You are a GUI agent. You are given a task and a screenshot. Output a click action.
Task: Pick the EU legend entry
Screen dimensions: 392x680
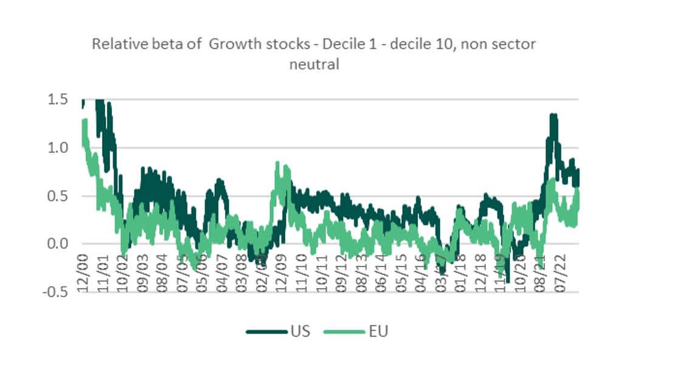[378, 332]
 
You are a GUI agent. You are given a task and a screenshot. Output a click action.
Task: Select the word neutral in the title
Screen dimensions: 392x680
[314, 64]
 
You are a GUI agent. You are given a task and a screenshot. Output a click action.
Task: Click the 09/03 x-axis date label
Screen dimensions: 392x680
[144, 276]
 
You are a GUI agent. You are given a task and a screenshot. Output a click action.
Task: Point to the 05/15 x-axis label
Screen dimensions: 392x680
[400, 276]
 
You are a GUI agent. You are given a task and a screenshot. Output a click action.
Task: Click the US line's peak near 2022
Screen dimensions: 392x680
[553, 114]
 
